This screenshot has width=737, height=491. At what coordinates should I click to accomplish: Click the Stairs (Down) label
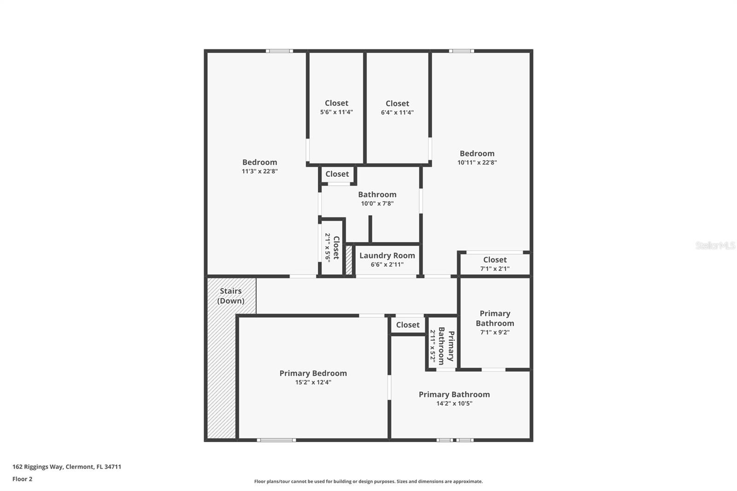tap(231, 296)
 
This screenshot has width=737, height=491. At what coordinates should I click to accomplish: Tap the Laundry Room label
tap(387, 256)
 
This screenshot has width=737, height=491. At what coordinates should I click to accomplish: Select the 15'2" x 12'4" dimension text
tap(313, 382)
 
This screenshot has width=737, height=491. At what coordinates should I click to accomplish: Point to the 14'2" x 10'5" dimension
tap(454, 403)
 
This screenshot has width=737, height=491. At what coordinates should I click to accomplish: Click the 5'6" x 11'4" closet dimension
tap(336, 112)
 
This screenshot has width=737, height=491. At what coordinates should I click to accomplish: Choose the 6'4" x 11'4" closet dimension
tap(397, 112)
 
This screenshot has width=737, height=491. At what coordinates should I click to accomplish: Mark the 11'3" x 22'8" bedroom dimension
tap(260, 171)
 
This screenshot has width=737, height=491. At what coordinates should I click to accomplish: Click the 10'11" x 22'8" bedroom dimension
tap(477, 163)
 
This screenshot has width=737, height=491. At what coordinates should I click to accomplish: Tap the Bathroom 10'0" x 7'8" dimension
tap(377, 204)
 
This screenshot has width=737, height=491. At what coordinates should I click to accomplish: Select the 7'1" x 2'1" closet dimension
tap(495, 269)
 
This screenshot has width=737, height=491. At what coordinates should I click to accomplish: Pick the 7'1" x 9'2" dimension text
tap(495, 333)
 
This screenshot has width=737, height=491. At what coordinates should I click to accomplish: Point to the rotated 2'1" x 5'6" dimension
tap(328, 247)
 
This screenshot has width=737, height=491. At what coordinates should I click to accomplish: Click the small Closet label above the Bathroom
tap(337, 174)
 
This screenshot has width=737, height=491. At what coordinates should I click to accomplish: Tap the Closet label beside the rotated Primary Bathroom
tap(408, 325)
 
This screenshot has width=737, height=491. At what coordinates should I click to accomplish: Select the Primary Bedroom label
tap(313, 373)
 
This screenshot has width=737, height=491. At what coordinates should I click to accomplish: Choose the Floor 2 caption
tap(22, 479)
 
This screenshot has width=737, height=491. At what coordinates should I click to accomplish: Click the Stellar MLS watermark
tap(715, 245)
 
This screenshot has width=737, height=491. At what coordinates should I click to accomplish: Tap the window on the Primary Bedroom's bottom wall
tap(276, 440)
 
